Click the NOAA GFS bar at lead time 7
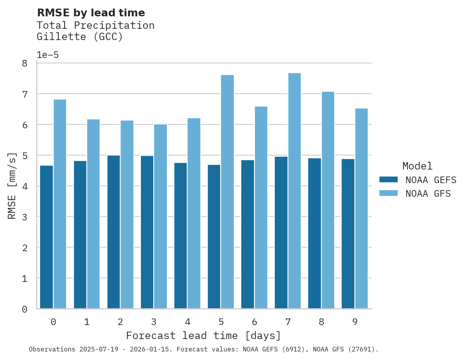[x=294, y=190]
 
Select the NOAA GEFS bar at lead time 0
[x=46, y=237]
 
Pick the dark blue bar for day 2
[x=114, y=232]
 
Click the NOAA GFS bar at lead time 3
[x=160, y=216]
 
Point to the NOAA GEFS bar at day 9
[x=348, y=234]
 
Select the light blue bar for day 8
[x=328, y=200]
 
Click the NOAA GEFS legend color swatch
[x=388, y=180]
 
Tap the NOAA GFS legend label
[x=428, y=194]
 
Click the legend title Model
[x=417, y=166]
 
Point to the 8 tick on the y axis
[x=25, y=63]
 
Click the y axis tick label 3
[x=25, y=217]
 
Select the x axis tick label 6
[x=254, y=322]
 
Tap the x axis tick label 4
[x=188, y=322]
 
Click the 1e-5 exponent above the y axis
[x=47, y=55]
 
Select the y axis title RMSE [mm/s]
[x=12, y=186]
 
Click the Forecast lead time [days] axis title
[x=203, y=336]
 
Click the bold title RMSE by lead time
[x=91, y=13]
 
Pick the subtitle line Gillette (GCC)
[x=79, y=37]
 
